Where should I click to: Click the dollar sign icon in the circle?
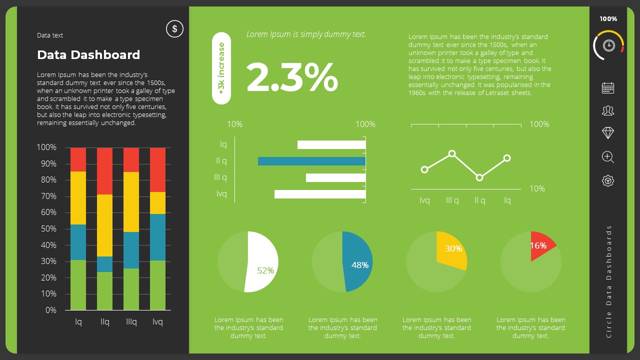[174, 29]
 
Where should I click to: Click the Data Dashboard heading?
[88, 54]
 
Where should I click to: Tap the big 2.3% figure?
[292, 77]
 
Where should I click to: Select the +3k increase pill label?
[221, 68]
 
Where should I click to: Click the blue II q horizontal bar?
[311, 161]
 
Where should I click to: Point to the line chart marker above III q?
[452, 153]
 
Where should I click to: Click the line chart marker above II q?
[479, 177]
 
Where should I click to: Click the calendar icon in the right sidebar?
[608, 88]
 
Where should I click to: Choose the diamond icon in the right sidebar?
[608, 132]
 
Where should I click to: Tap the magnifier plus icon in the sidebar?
[608, 157]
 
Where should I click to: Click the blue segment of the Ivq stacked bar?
[157, 237]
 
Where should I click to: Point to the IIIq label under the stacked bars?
[131, 322]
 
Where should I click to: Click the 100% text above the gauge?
[608, 19]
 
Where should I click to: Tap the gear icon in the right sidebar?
[608, 180]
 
